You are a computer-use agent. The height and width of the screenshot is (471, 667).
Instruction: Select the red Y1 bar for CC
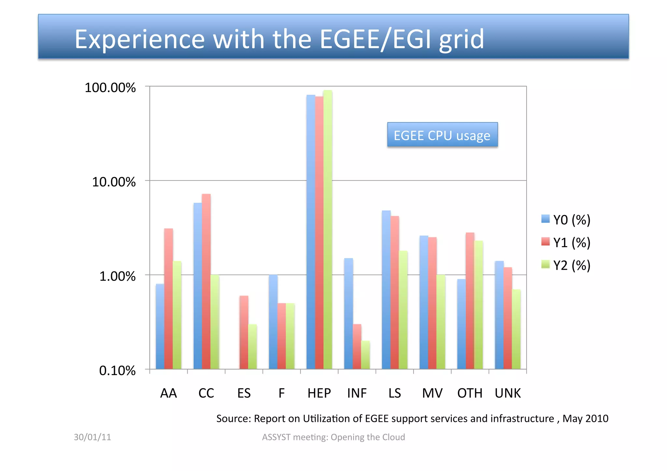pos(206,282)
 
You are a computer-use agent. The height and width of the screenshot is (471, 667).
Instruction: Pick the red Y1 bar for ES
pos(244,332)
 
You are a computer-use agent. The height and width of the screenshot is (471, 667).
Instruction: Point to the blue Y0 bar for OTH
pos(461,324)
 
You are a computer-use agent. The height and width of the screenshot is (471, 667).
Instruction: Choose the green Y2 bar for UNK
pos(516,329)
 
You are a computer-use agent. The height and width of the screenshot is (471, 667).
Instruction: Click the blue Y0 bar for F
pos(273,322)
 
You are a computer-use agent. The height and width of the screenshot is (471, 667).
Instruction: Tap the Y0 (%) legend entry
pos(566,220)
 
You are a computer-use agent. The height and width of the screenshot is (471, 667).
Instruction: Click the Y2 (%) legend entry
pos(566,265)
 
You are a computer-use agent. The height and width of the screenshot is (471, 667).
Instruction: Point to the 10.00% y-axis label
pos(114,182)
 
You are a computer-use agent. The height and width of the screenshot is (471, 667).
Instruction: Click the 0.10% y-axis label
pos(117,370)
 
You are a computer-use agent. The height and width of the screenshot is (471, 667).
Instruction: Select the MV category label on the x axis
pos(432,393)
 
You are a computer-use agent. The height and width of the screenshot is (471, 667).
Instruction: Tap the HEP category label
pos(319,393)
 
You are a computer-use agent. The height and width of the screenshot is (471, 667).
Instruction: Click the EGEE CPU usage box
pos(442,135)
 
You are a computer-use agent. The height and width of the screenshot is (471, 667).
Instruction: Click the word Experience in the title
pos(140,39)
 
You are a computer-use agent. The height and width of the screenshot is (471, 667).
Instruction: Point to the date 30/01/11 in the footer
pos(92,437)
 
